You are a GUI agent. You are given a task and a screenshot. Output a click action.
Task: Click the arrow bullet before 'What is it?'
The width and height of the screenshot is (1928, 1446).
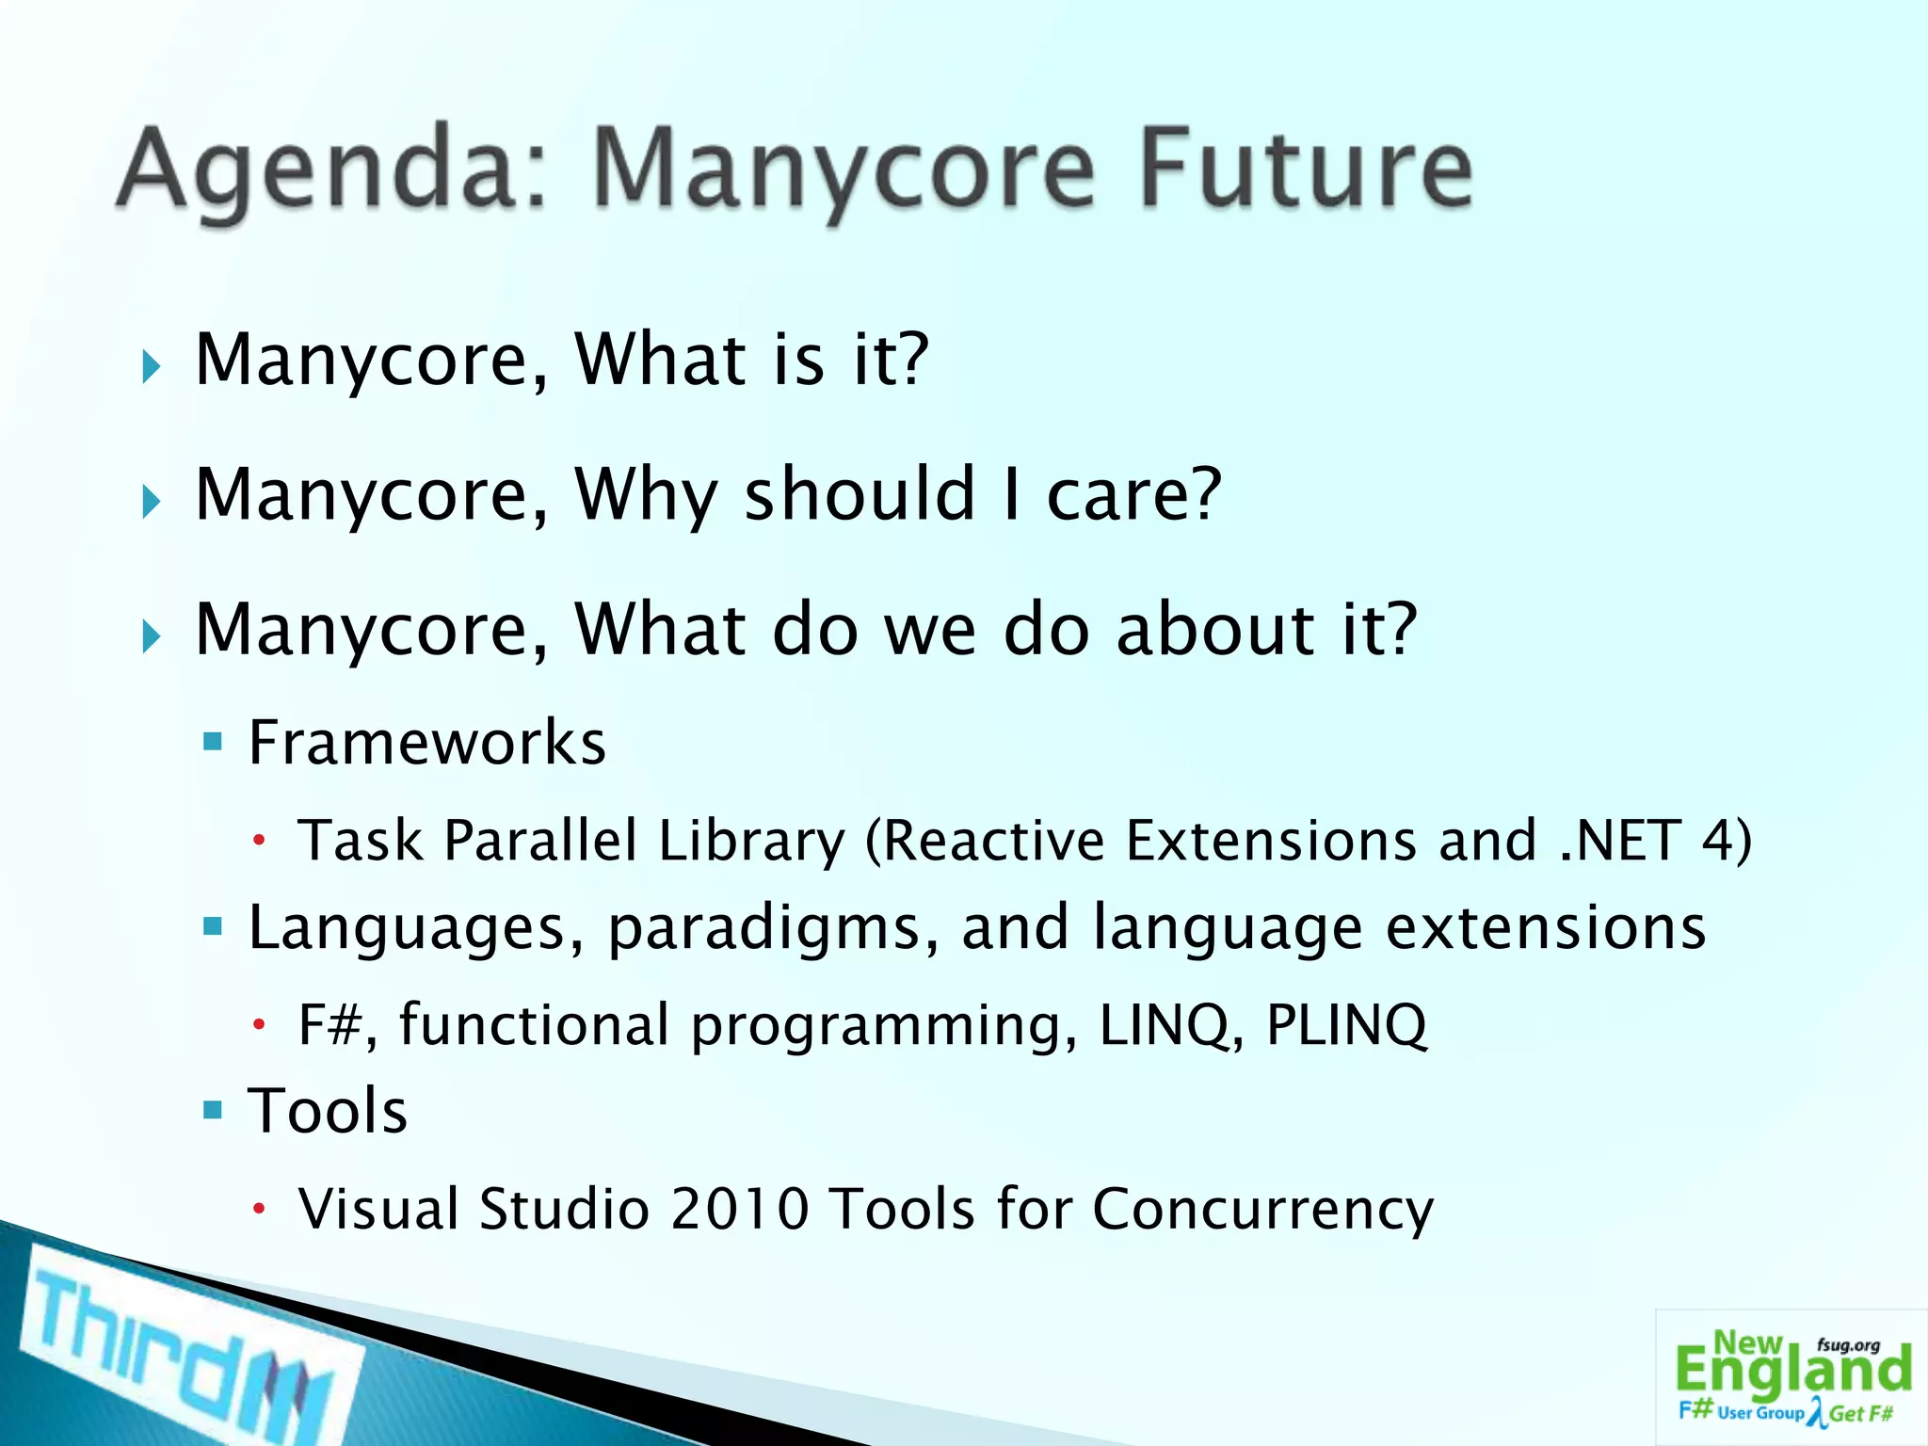point(151,366)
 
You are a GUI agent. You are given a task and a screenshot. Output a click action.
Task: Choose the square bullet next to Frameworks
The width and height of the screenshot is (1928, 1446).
point(213,743)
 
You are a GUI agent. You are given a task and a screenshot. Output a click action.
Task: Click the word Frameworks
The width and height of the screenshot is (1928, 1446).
point(426,743)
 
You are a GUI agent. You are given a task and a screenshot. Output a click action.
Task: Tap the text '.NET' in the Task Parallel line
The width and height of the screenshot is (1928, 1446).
point(1618,840)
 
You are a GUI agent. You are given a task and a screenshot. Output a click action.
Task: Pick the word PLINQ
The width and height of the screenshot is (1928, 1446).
point(1346,1024)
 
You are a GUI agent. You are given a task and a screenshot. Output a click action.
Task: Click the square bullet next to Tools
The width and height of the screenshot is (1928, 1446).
point(213,1111)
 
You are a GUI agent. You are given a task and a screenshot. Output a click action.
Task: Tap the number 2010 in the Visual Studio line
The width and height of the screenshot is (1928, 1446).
point(739,1209)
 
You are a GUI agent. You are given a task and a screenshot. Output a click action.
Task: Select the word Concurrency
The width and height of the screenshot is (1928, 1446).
point(1262,1210)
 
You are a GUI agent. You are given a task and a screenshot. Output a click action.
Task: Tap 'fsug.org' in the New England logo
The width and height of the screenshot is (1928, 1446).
point(1848,1345)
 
